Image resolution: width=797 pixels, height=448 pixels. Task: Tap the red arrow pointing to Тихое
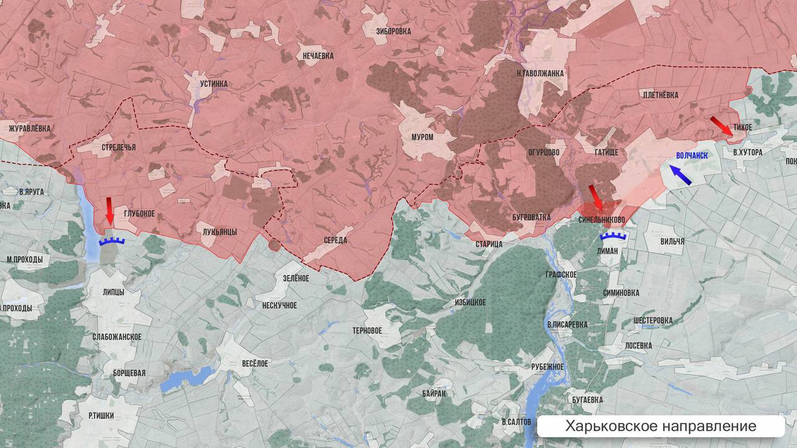(x=722, y=125)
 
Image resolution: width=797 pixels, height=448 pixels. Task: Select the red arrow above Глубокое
(x=110, y=211)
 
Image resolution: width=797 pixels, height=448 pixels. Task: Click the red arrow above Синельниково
(x=596, y=197)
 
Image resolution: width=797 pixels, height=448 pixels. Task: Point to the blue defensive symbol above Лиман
(x=611, y=236)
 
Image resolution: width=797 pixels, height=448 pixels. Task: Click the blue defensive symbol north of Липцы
(x=112, y=241)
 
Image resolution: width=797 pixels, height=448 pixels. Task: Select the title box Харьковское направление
(x=661, y=426)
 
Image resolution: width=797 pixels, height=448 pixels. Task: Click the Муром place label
(x=422, y=137)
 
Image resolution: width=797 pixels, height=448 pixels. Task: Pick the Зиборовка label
(x=394, y=30)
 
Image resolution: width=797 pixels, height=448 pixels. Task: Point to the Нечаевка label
(x=318, y=56)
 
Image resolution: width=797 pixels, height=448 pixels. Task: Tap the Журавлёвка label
(x=30, y=129)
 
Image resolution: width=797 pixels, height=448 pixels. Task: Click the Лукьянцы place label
(x=220, y=231)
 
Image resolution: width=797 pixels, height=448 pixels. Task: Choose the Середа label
(x=335, y=240)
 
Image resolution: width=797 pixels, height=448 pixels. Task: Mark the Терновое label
(x=367, y=330)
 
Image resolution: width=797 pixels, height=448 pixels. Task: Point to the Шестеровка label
(x=652, y=320)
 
